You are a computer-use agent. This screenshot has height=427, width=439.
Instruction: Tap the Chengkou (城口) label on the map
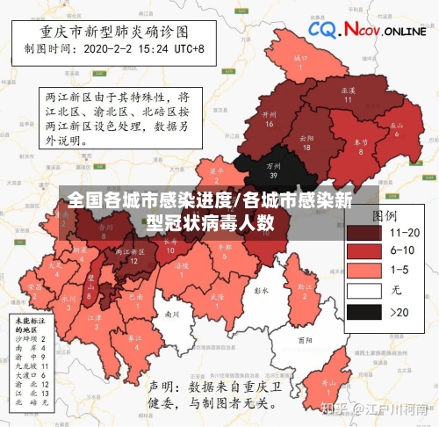click(299, 62)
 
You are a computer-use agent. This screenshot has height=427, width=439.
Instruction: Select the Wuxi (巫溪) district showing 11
click(348, 95)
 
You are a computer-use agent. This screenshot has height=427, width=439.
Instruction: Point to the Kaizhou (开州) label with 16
click(270, 119)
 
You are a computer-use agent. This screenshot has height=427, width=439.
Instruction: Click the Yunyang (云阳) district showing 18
click(306, 141)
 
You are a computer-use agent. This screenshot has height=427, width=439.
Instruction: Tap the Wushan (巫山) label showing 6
click(397, 128)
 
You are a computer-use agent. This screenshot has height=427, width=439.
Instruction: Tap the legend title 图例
click(386, 214)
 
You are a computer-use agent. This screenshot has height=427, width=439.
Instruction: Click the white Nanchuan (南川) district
click(172, 314)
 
